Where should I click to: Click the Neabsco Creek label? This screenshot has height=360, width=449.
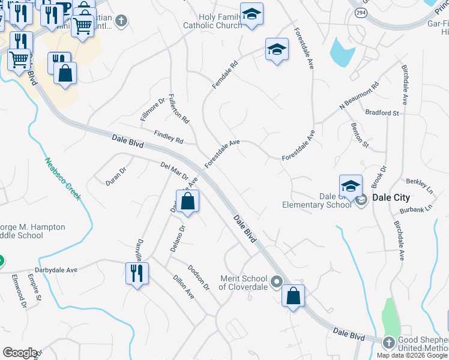[x=62, y=179]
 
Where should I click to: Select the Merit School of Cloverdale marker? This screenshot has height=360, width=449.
[x=277, y=281]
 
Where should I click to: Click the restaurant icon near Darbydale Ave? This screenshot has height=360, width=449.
[x=137, y=274]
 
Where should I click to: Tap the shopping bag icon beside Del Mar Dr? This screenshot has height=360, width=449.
[x=188, y=201]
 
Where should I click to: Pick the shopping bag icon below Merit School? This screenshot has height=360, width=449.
[x=293, y=296]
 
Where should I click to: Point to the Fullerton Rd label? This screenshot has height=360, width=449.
[x=179, y=109]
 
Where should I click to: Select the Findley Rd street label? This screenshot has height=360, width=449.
[x=169, y=137]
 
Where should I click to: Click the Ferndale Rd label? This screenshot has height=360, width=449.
[x=225, y=75]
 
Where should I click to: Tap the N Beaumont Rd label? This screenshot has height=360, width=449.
[x=360, y=95]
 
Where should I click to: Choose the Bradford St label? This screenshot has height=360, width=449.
[x=382, y=113]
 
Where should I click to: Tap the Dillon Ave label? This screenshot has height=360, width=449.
[x=184, y=287]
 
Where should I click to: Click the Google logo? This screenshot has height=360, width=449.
[x=20, y=353]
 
